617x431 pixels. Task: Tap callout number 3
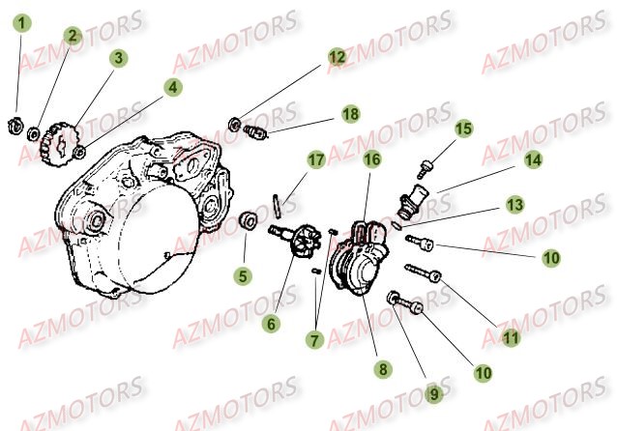pos(118,58)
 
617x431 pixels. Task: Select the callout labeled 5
pos(244,276)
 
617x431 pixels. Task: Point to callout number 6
pos(272,324)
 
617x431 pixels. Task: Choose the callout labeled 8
pos(383,368)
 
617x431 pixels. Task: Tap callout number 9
pos(434,393)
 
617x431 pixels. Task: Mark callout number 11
pos(511,337)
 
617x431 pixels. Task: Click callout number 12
pos(336,57)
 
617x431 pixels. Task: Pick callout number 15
pos(463,128)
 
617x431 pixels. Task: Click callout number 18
pos(349,114)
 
